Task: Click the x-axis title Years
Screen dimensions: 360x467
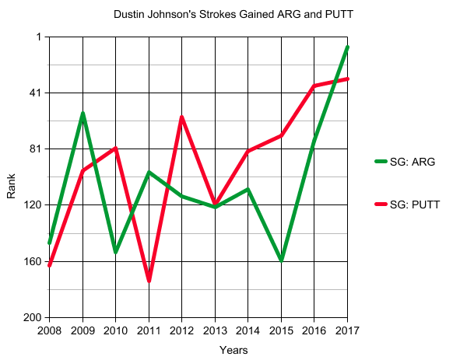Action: point(233,350)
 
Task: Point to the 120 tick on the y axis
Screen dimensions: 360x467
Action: point(33,205)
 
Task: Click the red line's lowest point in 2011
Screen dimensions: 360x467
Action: point(149,280)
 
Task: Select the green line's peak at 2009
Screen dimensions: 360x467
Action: point(83,114)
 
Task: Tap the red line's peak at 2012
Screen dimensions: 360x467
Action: point(181,117)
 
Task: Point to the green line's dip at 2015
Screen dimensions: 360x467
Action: point(281,260)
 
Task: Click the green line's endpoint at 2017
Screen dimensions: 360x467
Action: point(347,47)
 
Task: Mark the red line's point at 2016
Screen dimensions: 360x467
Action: point(314,86)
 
